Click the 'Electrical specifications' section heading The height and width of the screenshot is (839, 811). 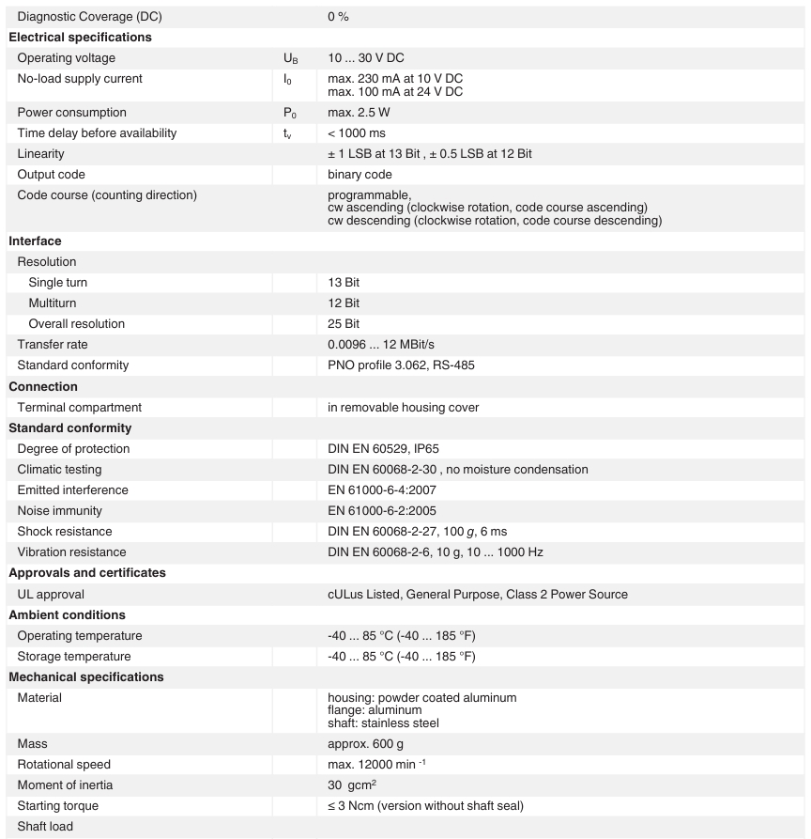click(x=80, y=38)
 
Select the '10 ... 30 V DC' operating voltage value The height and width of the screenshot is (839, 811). click(x=366, y=58)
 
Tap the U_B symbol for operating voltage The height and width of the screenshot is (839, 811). click(x=291, y=59)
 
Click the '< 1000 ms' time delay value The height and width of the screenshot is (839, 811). click(x=357, y=133)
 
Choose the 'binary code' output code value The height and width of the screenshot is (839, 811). click(x=360, y=175)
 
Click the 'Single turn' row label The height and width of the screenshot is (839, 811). click(x=58, y=283)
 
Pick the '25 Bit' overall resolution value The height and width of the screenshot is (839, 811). click(x=344, y=324)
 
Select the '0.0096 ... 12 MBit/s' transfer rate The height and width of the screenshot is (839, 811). click(x=381, y=345)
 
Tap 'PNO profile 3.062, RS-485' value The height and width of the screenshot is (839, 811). click(x=401, y=365)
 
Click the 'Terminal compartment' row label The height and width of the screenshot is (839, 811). click(x=80, y=408)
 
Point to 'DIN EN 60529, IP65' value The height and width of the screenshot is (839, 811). click(x=383, y=449)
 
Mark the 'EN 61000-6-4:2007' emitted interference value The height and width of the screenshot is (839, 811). click(x=382, y=490)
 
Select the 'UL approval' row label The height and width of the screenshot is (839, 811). click(x=51, y=595)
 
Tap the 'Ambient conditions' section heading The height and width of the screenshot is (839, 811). click(x=67, y=615)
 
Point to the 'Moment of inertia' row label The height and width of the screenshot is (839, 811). click(x=65, y=785)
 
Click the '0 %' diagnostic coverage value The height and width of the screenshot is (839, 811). click(x=338, y=17)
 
